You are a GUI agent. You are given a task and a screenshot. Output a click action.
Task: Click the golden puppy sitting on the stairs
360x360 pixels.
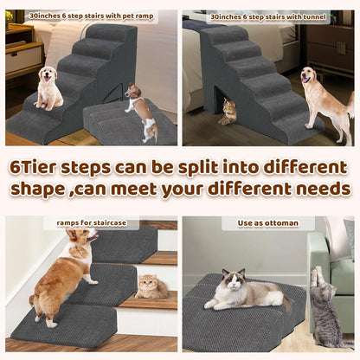coord(48,88)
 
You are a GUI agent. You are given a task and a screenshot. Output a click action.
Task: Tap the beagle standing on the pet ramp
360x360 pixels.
coord(138,110)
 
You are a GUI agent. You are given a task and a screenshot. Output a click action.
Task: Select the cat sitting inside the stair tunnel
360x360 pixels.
coord(228,112)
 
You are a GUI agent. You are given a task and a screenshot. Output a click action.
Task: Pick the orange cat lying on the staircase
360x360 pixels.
coord(152,288)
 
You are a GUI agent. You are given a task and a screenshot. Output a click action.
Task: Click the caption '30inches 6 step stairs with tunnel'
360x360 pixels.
coord(268,16)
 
